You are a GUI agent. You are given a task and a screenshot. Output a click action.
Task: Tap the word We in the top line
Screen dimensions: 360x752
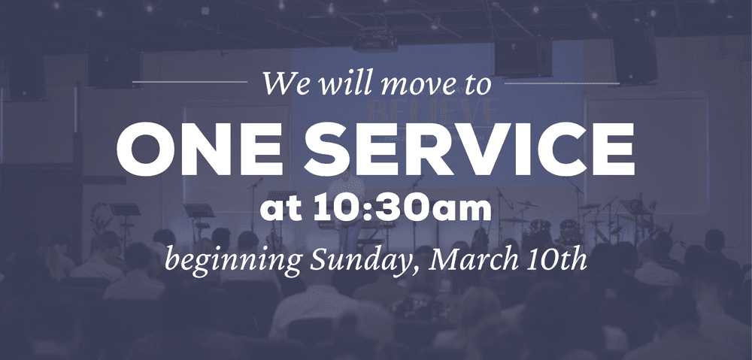pos(283,84)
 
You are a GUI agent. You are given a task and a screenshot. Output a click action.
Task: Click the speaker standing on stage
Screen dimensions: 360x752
pos(350,214)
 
